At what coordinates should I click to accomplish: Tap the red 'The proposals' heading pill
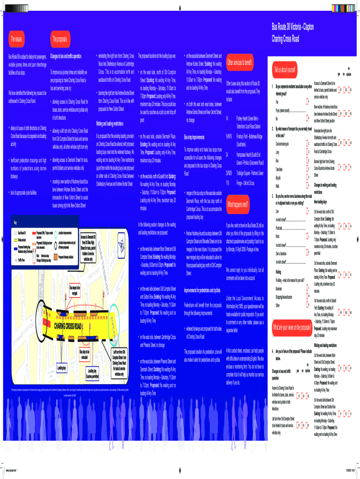pos(63,38)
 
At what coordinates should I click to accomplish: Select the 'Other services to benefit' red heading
pos(240,62)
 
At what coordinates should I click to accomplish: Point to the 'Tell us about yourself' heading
pos(286,70)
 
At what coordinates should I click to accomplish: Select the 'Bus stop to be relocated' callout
pos(85,354)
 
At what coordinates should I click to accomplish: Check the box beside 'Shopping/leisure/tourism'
pos(308,297)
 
